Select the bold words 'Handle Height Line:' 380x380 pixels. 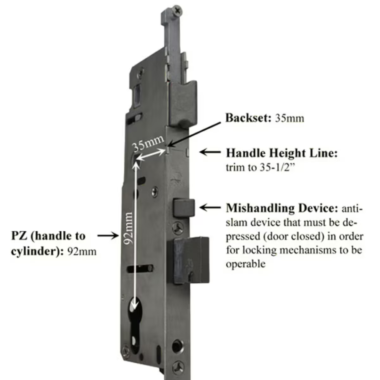pyautogui.click(x=282, y=153)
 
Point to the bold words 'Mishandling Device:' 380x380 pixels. pyautogui.click(x=282, y=208)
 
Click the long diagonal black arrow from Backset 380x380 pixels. pyautogui.click(x=194, y=134)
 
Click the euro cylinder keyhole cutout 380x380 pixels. pyautogui.click(x=136, y=321)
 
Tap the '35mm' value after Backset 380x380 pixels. pyautogui.click(x=289, y=118)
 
